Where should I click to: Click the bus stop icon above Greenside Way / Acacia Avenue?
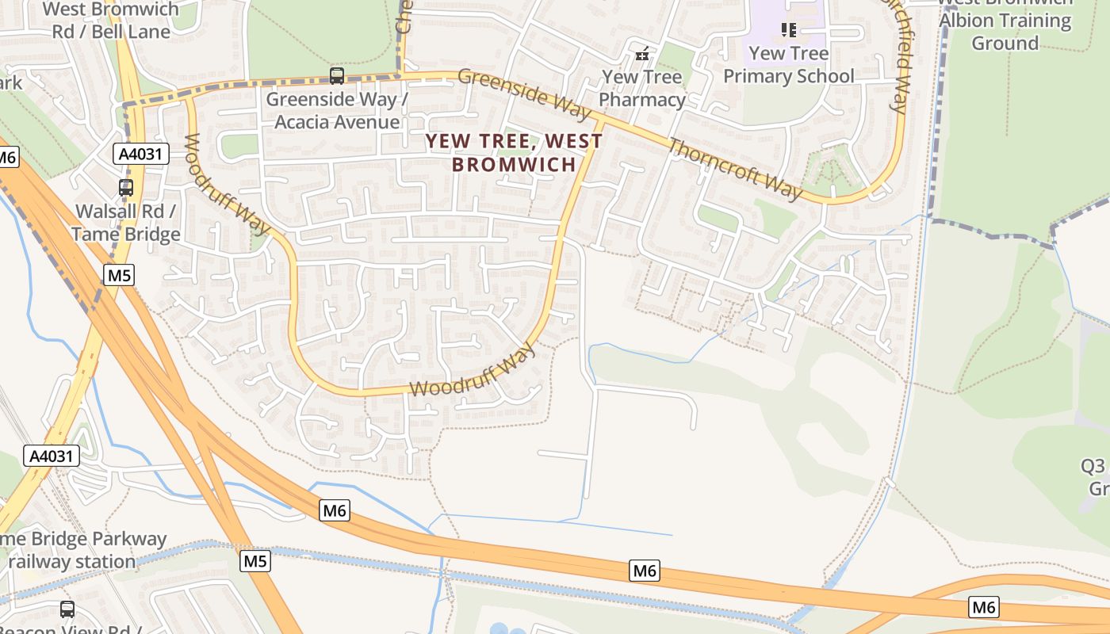[x=337, y=76]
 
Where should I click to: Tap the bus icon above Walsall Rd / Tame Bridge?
[x=126, y=188]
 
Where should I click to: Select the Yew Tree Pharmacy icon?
[x=643, y=54]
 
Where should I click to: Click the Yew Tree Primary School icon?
[x=788, y=30]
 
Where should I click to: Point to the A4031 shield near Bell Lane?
[x=141, y=154]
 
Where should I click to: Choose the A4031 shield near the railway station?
[x=52, y=456]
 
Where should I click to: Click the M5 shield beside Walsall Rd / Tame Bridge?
[x=119, y=275]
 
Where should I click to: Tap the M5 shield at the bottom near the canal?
[x=255, y=561]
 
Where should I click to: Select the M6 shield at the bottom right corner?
[x=983, y=607]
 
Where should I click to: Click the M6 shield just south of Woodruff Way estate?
[x=335, y=510]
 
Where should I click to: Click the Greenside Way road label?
[x=525, y=94]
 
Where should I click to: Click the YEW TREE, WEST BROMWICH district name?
[x=514, y=152]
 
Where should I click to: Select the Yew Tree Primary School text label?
[x=788, y=65]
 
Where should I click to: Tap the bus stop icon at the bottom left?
[x=67, y=609]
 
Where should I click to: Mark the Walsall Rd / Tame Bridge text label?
[x=126, y=223]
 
